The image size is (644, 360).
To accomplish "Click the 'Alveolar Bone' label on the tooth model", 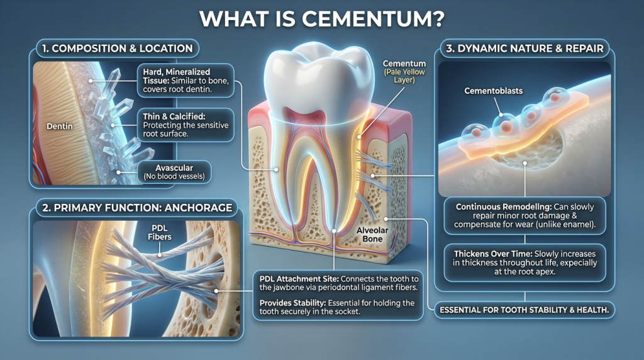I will tap(374, 235).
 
